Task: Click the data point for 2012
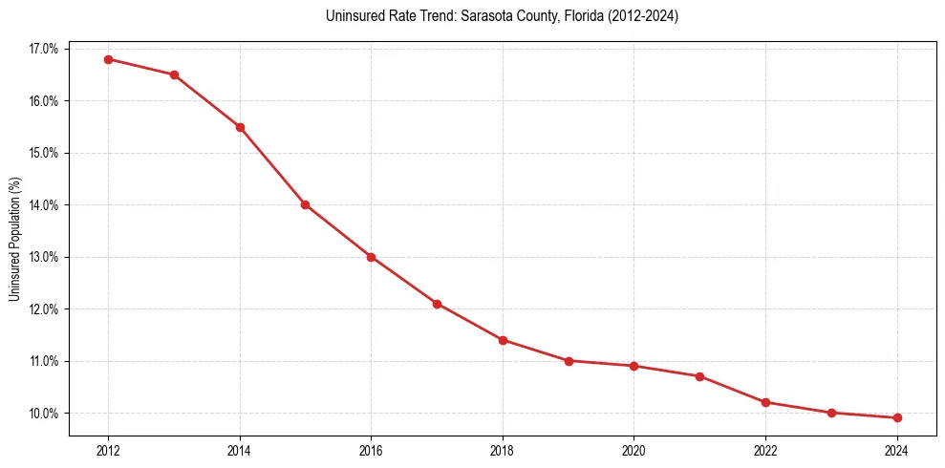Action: coord(108,59)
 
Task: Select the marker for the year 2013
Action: coord(174,74)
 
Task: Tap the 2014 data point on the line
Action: coord(240,127)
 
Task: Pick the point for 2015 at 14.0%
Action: coord(306,204)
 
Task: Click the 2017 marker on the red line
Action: coord(437,304)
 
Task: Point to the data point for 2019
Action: coord(569,361)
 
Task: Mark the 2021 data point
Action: coord(699,376)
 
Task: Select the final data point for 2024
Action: coord(897,417)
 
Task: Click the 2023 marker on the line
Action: coord(831,413)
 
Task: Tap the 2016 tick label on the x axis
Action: coord(371,450)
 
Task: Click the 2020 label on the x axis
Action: coord(634,450)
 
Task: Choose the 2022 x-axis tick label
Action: coord(765,450)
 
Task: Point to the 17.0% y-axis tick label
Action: coord(44,49)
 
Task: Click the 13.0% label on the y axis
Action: coord(44,257)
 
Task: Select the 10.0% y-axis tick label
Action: coord(44,414)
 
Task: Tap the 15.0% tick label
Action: coord(44,153)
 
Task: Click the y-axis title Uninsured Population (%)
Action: coord(14,239)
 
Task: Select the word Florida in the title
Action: coord(576,16)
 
